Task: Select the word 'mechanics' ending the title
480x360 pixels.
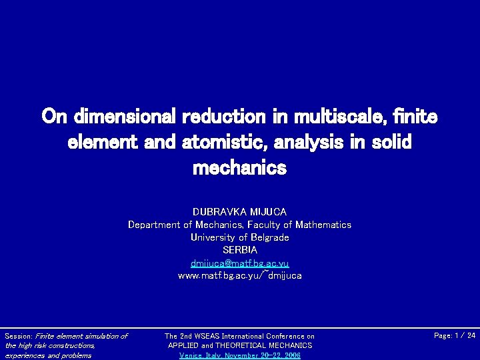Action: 239,168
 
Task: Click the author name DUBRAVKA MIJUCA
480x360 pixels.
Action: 239,212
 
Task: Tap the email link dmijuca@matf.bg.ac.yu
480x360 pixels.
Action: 239,263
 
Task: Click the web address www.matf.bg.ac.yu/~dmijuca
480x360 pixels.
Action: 239,275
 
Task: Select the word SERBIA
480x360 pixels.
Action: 239,250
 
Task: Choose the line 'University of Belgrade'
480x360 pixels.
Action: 239,237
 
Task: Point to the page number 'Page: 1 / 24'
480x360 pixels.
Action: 455,335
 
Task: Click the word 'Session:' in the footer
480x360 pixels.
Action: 19,336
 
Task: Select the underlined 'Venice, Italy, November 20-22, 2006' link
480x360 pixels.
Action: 239,355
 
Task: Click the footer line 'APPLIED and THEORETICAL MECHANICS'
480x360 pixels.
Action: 239,345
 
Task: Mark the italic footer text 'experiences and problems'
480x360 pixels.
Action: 48,355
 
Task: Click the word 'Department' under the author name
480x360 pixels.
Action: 154,225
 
